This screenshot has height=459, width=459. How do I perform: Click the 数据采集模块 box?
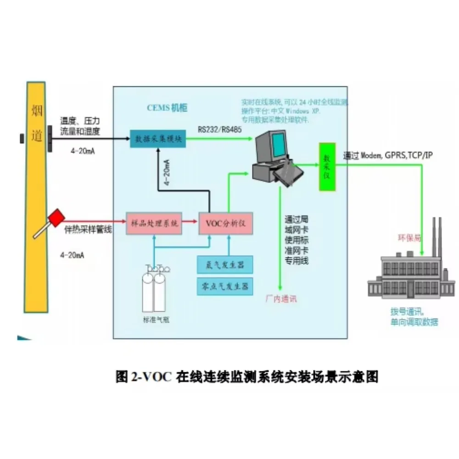coord(158,139)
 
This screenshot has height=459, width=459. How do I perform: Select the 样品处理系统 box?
coord(153,223)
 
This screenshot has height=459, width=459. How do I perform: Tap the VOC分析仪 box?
coord(225,224)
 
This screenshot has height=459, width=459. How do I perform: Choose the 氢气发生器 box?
coord(224,265)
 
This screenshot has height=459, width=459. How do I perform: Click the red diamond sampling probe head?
coord(56,217)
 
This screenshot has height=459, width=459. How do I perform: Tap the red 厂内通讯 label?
coord(281,299)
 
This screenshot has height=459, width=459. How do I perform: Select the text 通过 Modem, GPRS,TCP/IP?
coord(388,156)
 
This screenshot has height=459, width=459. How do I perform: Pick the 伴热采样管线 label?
coord(87,229)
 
